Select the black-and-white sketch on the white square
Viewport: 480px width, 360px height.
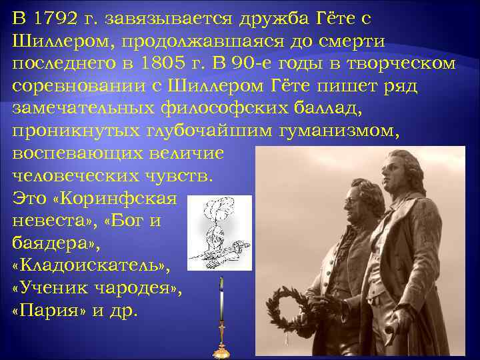pos(219,233)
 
